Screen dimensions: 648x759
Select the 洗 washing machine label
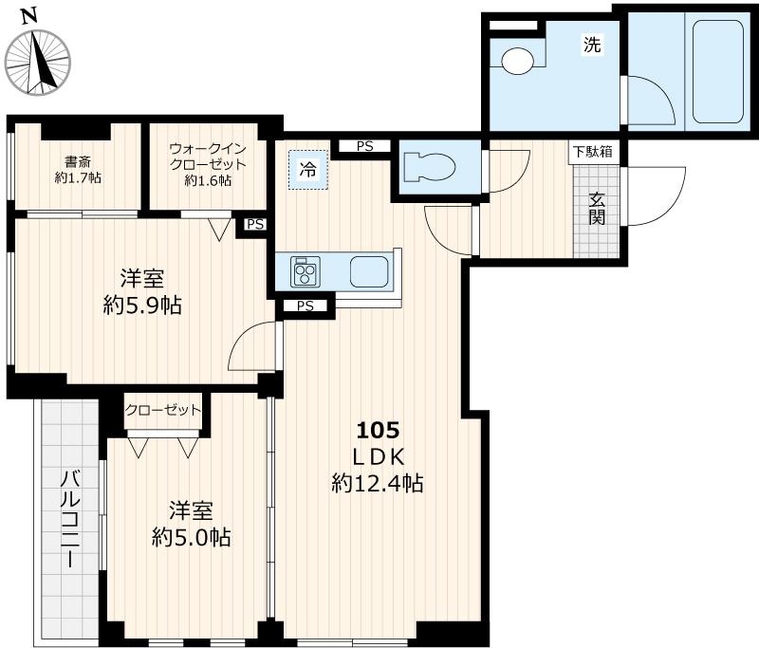[592, 44]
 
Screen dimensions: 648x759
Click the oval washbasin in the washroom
[518, 62]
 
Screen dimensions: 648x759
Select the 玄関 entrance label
[597, 210]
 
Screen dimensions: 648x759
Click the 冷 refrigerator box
[308, 171]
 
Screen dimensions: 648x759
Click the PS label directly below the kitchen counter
[305, 305]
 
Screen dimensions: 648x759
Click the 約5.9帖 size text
[142, 306]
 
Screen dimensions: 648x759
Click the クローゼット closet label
[163, 410]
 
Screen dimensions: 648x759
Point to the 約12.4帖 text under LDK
[378, 483]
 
